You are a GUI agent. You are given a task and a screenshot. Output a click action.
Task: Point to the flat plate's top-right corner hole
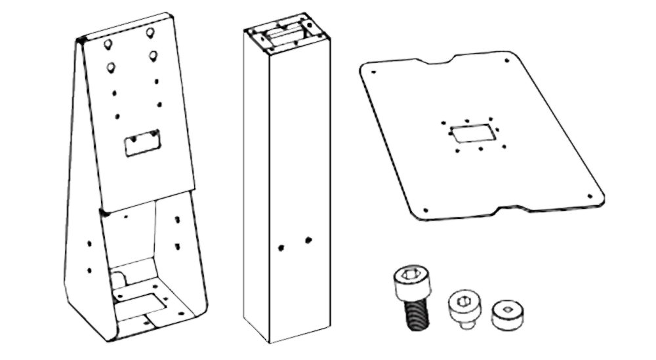(506, 61)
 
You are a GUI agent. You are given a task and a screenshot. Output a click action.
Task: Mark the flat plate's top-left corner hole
(373, 71)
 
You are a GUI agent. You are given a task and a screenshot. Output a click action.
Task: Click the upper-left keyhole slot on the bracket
(108, 44)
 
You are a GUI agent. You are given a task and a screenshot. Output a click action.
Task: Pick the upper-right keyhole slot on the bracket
(150, 31)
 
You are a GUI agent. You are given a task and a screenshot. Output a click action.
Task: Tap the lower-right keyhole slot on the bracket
(153, 55)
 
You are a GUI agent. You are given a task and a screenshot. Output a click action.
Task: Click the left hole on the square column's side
(281, 247)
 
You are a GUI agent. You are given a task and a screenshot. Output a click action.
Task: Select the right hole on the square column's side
(308, 240)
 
